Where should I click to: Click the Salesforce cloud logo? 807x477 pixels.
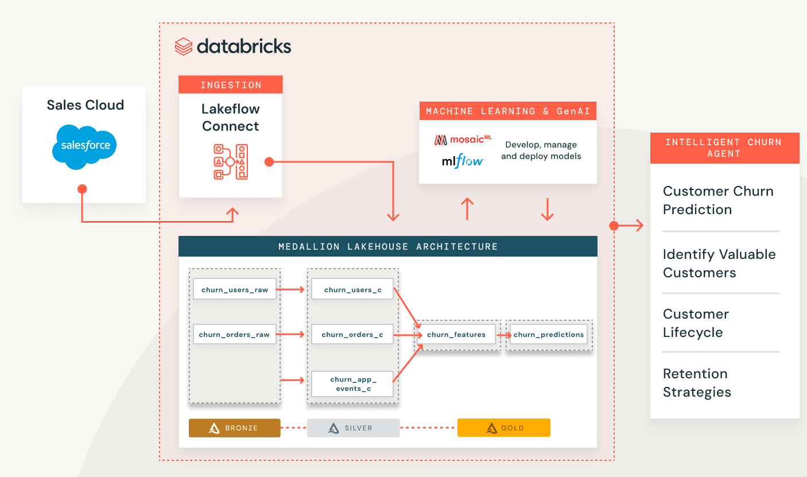(86, 146)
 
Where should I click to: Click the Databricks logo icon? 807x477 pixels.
(183, 46)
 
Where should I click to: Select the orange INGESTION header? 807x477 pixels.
(230, 85)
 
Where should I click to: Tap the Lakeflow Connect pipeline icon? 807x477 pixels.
(230, 162)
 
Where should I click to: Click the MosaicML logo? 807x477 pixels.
(463, 140)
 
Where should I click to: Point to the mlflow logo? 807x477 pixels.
(463, 161)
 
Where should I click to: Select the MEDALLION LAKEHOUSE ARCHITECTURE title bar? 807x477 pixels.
(387, 247)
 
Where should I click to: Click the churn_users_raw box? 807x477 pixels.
(234, 290)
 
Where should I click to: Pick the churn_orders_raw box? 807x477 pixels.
(234, 335)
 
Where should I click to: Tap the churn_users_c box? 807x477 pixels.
(352, 290)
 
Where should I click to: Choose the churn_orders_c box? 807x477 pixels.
(352, 335)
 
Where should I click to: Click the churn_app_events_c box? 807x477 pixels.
(352, 384)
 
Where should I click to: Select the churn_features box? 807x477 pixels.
(456, 335)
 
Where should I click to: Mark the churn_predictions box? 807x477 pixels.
(548, 335)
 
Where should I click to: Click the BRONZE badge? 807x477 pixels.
(234, 428)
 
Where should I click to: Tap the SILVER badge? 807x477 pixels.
(353, 428)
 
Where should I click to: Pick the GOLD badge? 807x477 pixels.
(503, 428)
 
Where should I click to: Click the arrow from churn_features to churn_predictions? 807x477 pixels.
(503, 335)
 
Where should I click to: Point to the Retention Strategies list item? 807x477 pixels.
(697, 383)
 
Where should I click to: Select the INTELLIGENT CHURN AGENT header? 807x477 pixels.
(724, 148)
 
